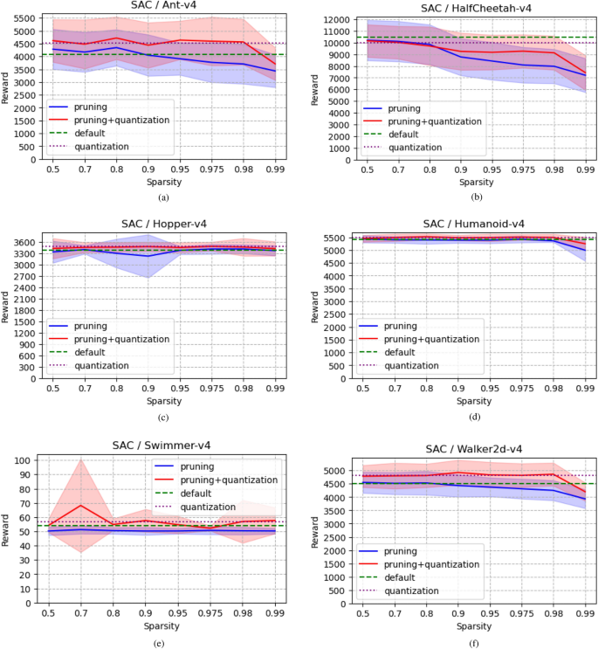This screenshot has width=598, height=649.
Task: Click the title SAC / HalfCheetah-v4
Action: coord(464,8)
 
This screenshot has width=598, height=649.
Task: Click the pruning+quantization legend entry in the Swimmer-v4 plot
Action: coord(230,480)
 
